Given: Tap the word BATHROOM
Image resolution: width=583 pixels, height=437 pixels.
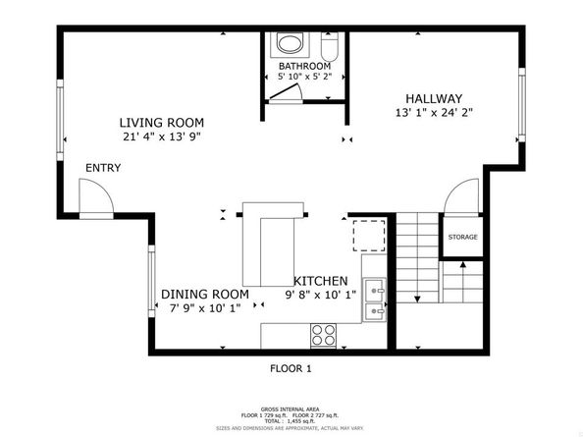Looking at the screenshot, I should coord(304,66).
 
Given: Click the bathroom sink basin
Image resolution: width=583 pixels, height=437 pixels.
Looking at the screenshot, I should coord(291,44).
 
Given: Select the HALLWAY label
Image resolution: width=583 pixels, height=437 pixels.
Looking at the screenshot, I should coord(434,98).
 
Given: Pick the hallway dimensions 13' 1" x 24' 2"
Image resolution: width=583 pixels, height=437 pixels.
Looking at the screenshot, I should coord(434,113).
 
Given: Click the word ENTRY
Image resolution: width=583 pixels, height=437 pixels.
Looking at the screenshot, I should coord(103,168).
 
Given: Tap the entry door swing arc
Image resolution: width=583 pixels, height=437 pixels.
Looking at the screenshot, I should coord(94,201).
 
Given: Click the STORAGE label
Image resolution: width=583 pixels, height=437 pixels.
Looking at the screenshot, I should coord(463,238).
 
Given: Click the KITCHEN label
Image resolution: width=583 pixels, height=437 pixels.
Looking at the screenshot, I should coord(322,280).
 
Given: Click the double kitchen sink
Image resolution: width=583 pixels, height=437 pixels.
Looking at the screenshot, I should coord(374,300).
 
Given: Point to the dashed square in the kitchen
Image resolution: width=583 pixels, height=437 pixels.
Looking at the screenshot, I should coord(369,237).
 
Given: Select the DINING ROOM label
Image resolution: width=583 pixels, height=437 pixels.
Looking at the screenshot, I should coord(205,294).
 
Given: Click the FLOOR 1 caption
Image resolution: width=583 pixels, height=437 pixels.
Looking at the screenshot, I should coord(291,369).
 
